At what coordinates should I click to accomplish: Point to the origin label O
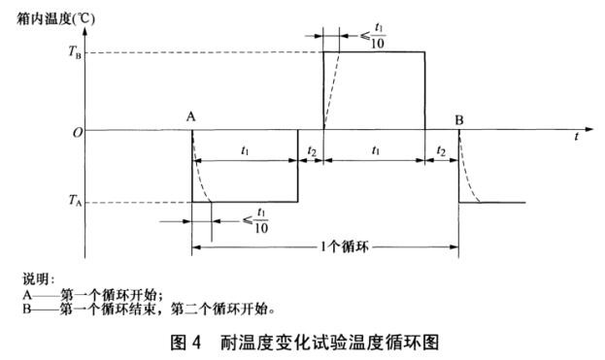(74, 131)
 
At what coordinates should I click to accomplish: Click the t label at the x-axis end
(576, 137)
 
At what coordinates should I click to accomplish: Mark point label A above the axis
(191, 116)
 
